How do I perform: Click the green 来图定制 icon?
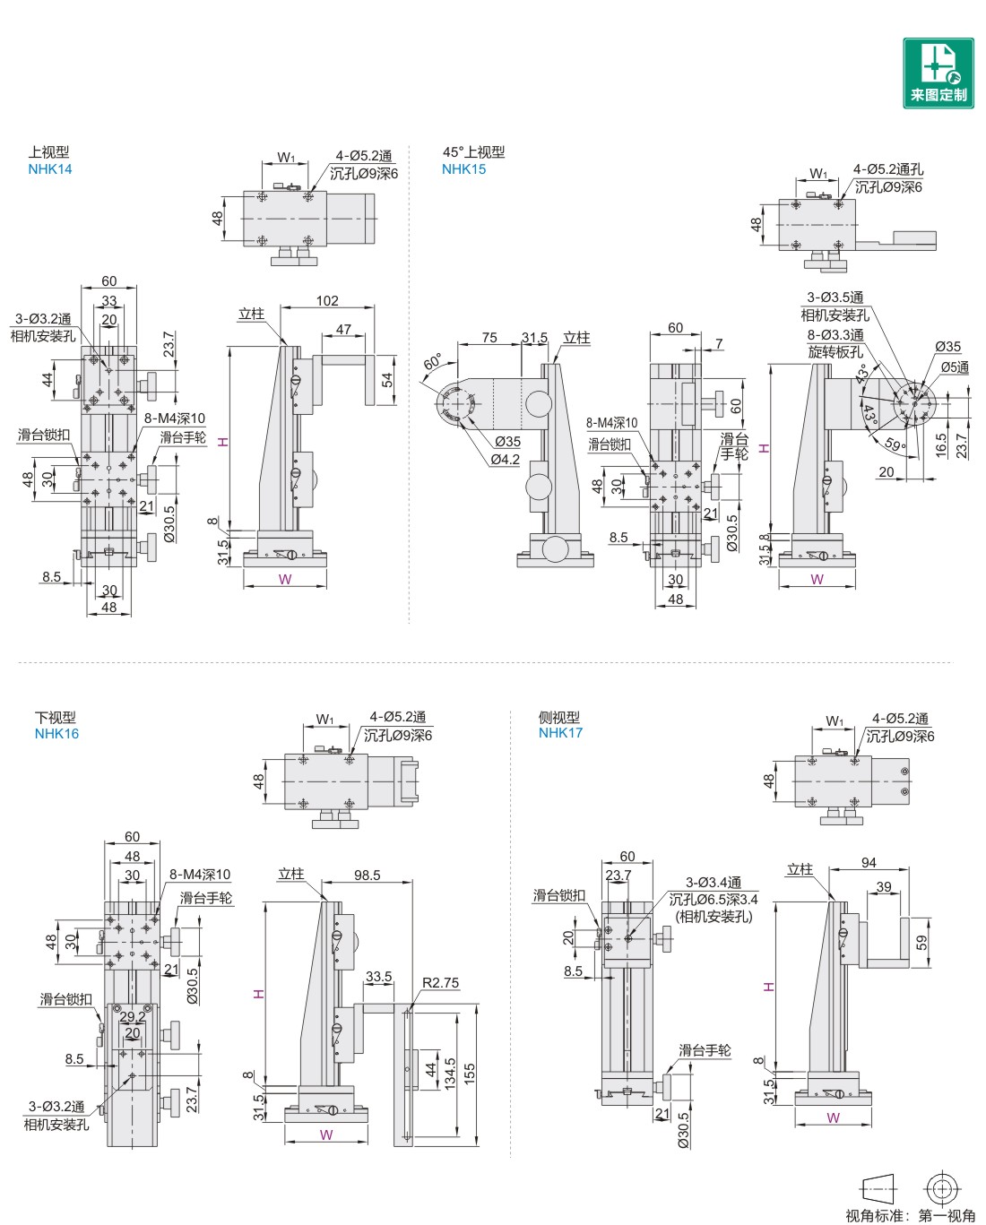click(938, 73)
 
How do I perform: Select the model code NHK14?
click(50, 169)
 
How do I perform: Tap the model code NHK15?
click(463, 169)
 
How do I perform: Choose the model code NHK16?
click(56, 734)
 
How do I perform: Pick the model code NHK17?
click(560, 733)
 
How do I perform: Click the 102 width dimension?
click(327, 301)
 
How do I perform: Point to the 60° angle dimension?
click(432, 363)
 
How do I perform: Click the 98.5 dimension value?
click(367, 875)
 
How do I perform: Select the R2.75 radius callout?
click(440, 983)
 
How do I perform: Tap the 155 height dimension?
click(470, 1074)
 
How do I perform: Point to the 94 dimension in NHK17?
click(869, 863)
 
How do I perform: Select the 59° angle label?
click(895, 444)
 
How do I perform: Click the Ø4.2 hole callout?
click(505, 460)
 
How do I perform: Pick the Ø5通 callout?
click(955, 367)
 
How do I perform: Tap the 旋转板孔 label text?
click(835, 352)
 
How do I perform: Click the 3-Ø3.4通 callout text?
click(713, 883)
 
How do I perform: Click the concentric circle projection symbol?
click(941, 1189)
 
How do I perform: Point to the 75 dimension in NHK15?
click(489, 338)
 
